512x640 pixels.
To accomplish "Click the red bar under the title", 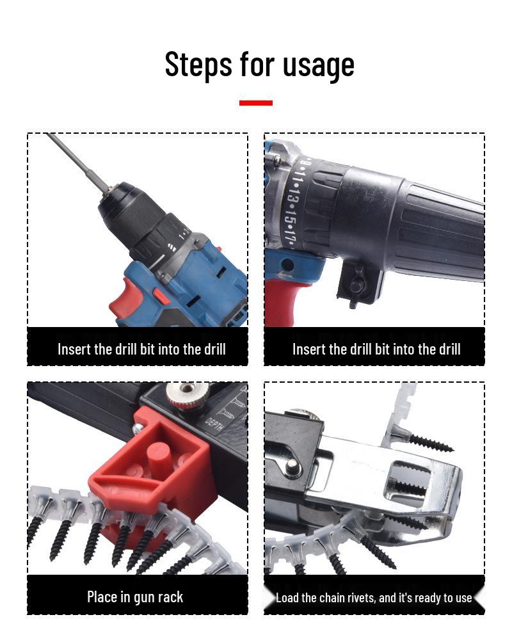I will pos(256,102).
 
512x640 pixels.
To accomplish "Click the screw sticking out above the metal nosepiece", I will pos(426,440).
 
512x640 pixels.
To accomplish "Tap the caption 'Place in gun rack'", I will pos(135,597).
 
